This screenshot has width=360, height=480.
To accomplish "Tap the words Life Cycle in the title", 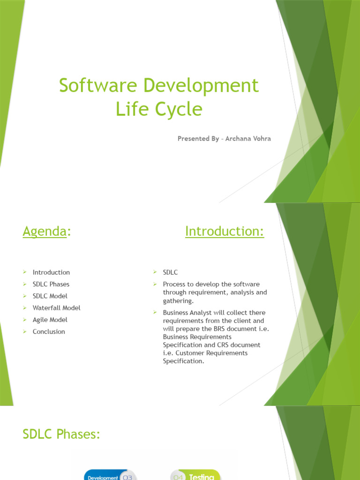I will click(159, 109).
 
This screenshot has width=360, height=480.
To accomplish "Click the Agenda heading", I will click(45, 231).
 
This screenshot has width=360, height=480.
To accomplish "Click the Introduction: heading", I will click(225, 231).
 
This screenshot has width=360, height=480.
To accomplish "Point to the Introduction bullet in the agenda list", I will click(51, 272).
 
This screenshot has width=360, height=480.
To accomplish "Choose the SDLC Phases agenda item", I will click(51, 284).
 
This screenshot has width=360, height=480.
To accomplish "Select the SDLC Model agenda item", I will click(50, 296).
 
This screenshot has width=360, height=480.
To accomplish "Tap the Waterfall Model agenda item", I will click(57, 308).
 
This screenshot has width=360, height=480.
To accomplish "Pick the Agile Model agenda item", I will click(50, 320).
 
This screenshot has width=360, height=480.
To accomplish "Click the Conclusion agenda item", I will click(49, 331).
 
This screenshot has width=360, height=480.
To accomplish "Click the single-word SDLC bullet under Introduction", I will click(170, 272).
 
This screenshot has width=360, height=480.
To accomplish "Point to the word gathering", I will click(178, 300).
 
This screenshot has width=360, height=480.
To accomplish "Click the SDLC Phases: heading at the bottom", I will click(61, 435).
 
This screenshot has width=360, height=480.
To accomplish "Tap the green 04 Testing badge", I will click(195, 476).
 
